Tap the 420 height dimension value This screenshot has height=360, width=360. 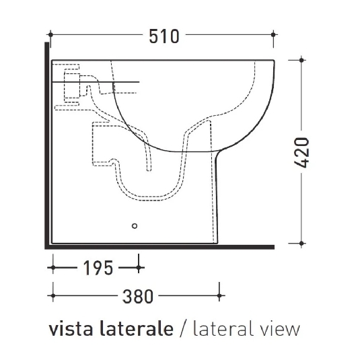302,152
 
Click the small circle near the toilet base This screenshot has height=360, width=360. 135,225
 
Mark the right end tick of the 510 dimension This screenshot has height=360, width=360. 274,34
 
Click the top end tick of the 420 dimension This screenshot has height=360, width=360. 301,61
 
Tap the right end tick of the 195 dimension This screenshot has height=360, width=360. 139,267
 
